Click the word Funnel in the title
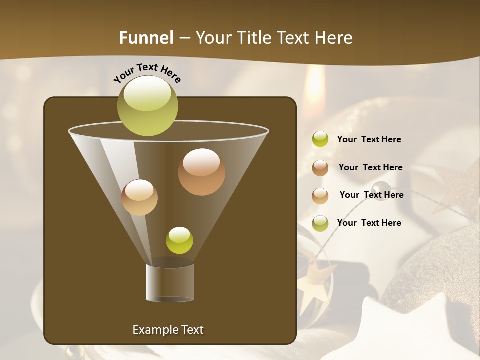[146, 38]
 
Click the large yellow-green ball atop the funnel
[148, 106]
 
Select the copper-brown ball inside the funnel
[201, 172]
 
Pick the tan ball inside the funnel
[139, 197]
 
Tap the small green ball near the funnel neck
[179, 240]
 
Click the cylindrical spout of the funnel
[170, 283]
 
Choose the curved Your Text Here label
[147, 73]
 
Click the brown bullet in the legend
[320, 168]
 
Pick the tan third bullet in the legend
[320, 196]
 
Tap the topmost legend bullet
[320, 139]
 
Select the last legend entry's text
[369, 223]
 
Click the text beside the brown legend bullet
[370, 167]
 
